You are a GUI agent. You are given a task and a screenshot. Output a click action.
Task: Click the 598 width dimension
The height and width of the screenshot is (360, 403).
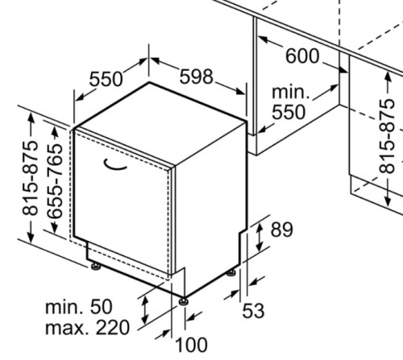196,77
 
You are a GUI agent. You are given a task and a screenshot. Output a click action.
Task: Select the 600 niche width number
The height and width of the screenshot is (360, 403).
302,56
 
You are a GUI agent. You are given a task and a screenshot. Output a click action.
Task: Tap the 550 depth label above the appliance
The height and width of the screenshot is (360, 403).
106,79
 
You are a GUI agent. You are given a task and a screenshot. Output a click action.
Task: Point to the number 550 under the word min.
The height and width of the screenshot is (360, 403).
289,112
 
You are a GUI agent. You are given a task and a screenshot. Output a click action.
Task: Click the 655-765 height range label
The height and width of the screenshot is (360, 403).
55,180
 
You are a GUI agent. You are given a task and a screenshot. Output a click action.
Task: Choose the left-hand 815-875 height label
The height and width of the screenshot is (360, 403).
31,178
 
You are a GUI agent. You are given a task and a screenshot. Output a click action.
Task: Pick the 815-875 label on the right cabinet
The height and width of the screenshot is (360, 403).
387,136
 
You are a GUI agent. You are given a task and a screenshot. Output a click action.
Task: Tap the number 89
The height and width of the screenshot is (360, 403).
281,230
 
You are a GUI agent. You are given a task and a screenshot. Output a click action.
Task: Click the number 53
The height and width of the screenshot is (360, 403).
253,311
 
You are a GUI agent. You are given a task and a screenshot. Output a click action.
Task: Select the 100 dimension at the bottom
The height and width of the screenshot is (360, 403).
191,345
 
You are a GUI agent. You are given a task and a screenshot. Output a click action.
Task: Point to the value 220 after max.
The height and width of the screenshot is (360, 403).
113,328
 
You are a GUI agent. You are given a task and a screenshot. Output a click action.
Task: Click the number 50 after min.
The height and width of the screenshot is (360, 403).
101,307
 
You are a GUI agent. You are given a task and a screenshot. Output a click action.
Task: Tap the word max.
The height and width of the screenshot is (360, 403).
68,329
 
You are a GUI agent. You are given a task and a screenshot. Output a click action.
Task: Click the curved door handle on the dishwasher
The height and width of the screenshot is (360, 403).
114,165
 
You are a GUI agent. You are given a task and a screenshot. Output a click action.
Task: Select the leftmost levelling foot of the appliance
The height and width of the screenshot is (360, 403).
96,267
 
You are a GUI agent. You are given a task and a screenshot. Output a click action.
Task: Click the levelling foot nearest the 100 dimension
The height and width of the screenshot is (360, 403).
184,301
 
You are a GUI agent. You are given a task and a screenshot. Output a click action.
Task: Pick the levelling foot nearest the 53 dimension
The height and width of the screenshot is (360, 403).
231,273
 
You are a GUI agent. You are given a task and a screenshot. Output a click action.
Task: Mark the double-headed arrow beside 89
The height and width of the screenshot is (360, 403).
260,238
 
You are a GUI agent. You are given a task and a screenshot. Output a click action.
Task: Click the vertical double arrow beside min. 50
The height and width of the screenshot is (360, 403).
145,310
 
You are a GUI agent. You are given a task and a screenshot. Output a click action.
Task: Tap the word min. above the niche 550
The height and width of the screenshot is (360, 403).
291,93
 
